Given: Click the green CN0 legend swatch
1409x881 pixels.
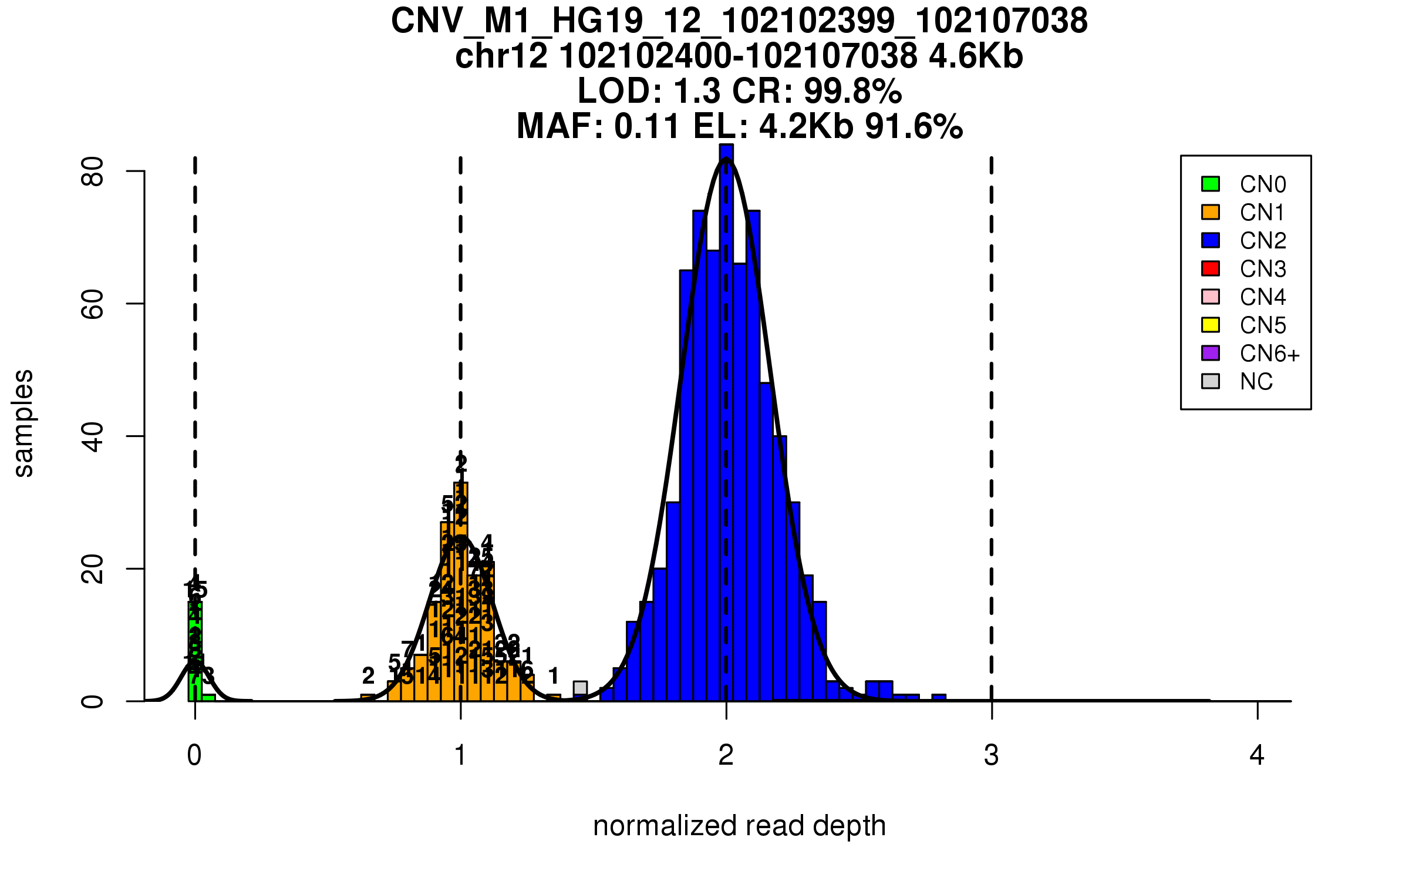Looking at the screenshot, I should coord(1211,184).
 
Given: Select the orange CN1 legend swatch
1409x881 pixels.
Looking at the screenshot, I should coord(1211,212).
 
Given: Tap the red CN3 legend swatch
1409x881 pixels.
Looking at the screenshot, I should coord(1211,268).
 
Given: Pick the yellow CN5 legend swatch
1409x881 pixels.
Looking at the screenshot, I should coord(1211,325).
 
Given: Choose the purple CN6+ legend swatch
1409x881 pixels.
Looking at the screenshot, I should coord(1211,353).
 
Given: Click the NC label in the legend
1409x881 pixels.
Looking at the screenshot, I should coord(1256,382).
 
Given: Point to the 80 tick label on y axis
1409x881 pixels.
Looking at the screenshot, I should coord(93,172).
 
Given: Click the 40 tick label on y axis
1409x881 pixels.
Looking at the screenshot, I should coord(93,436).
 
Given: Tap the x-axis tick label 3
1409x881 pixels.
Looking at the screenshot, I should coord(992,755).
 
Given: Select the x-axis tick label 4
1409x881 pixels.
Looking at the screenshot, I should coord(1257,755).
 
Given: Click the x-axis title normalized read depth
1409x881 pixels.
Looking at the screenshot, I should coord(739,826).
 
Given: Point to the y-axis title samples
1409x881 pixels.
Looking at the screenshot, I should coord(23,423).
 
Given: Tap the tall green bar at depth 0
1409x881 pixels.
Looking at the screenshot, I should coord(194,652).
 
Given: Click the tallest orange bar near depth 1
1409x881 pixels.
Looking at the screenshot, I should coord(461,593).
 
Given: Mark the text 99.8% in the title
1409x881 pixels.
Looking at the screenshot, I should coord(852,91).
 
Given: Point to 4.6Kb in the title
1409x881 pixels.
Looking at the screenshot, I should coord(976,56).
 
